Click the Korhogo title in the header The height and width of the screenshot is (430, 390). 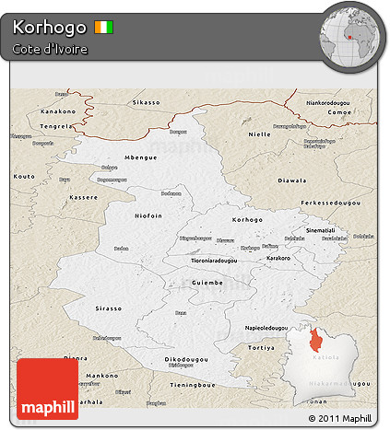click(x=51, y=27)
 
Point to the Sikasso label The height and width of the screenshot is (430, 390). click(x=146, y=102)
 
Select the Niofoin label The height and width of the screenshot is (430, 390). click(x=148, y=216)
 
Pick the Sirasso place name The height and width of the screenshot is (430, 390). click(x=109, y=308)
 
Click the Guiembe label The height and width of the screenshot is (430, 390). click(x=207, y=282)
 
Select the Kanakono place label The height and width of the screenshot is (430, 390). click(x=57, y=112)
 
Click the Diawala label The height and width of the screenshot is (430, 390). click(x=317, y=180)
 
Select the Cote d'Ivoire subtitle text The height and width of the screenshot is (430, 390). click(x=51, y=49)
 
